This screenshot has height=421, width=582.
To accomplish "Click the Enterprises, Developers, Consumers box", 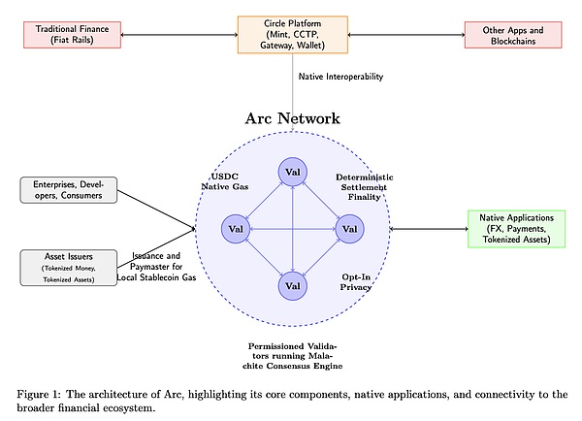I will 70,190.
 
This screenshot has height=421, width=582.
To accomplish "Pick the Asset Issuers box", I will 70,267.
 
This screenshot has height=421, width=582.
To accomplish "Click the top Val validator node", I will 292,172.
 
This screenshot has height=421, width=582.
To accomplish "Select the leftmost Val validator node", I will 236,228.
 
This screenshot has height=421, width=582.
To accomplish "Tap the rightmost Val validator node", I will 349,228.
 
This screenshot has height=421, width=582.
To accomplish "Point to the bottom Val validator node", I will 292,285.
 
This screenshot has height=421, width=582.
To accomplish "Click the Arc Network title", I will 292,118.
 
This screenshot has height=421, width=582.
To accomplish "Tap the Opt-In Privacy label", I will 357,282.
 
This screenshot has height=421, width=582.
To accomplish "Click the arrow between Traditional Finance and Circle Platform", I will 180,35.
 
